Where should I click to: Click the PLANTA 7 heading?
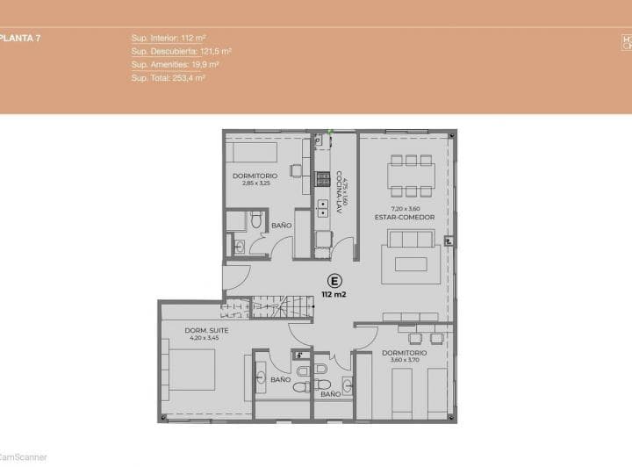(x=20, y=39)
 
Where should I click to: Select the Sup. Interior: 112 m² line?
(x=169, y=39)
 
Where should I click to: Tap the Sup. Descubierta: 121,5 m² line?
(x=181, y=52)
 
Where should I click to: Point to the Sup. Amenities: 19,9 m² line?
(x=175, y=64)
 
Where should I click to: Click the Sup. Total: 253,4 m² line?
(x=168, y=77)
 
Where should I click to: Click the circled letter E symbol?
(x=334, y=281)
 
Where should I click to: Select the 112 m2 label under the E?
(x=334, y=295)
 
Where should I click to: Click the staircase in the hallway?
(x=283, y=307)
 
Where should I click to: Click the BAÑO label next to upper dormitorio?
(x=281, y=226)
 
